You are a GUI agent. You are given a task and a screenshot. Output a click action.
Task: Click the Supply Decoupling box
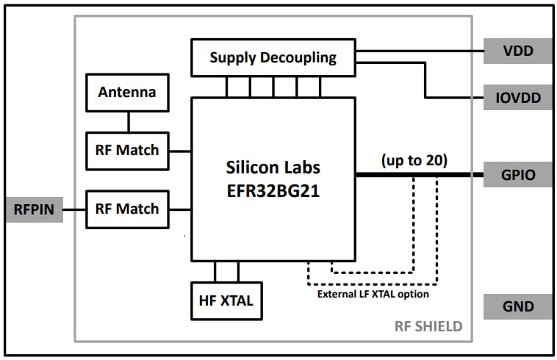[273, 57]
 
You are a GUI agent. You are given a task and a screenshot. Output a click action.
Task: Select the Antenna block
[127, 93]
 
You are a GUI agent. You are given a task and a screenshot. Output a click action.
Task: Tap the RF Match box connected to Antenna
[127, 150]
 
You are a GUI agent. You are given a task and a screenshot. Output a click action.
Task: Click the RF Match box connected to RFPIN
[127, 209]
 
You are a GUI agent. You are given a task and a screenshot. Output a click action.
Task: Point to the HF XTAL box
[226, 300]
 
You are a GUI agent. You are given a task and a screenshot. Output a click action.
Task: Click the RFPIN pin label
[35, 209]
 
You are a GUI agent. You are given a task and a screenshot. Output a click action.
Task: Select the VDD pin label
[517, 51]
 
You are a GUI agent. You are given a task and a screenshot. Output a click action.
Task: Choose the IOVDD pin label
[517, 98]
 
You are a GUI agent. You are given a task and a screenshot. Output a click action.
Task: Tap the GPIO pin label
[517, 175]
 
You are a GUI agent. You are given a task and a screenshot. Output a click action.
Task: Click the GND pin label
[517, 306]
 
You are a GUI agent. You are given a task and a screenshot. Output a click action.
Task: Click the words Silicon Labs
[273, 167]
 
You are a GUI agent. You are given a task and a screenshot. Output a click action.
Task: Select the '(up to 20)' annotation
[415, 160]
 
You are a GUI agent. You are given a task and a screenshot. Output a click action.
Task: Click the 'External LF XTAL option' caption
[373, 294]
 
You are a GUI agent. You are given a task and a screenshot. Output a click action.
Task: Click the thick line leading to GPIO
[419, 175]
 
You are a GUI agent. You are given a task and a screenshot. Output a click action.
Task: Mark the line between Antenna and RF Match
[129, 121]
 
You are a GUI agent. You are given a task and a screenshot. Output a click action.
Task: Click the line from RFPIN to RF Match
[74, 209]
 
